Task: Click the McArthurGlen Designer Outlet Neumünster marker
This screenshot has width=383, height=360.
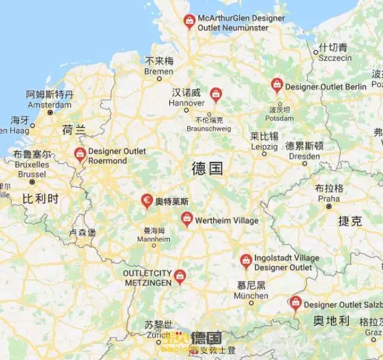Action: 189,22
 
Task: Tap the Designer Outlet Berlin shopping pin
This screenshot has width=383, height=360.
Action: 276,85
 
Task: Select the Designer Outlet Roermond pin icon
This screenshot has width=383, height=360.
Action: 80,154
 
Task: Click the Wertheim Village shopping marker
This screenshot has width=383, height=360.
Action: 187,219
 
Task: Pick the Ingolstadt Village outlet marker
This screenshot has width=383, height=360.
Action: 245,260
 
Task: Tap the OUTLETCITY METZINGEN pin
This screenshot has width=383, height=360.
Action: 180,276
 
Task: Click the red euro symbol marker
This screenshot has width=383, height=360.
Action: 147,200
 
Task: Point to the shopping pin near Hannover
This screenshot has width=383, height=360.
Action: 215,93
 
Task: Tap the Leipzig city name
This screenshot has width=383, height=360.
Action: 263,146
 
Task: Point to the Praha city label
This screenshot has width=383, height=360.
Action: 329,198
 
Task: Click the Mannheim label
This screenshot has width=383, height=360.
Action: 153,239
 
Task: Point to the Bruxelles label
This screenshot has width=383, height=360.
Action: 31,164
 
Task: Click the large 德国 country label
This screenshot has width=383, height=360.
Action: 207,168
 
